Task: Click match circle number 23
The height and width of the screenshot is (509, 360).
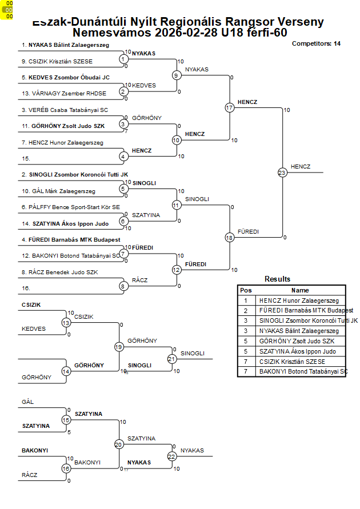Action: [282, 172]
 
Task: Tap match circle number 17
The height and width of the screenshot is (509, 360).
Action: [230, 107]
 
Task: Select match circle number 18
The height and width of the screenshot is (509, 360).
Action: [230, 237]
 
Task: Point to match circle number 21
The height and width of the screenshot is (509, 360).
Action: [172, 359]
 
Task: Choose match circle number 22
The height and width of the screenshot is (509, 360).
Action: [172, 456]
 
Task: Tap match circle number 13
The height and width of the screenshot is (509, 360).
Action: [66, 323]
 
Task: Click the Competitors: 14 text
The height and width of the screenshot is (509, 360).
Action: [316, 43]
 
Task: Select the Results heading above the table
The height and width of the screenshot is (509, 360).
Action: [277, 279]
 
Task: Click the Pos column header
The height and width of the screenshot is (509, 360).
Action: [246, 290]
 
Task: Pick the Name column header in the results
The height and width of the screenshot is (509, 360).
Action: [300, 290]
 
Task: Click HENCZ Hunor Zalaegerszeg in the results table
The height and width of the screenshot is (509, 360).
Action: [298, 300]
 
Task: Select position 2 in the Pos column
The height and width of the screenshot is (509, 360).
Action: [246, 311]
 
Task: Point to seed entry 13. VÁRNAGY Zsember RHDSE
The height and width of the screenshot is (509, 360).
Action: [64, 93]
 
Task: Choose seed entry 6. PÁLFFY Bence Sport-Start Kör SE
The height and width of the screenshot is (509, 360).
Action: [71, 207]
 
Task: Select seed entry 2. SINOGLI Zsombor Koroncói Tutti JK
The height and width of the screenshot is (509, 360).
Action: [75, 174]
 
